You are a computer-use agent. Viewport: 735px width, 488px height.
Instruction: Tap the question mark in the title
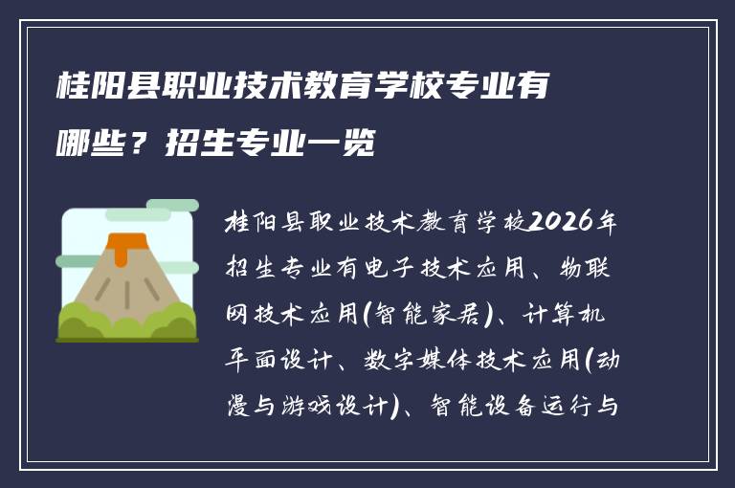click(138, 144)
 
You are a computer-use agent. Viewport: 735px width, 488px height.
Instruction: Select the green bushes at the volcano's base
click(126, 322)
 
